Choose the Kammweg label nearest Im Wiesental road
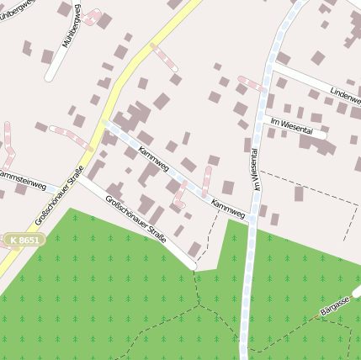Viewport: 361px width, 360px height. click(227, 208)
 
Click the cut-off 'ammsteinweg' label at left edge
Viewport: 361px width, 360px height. click(23, 177)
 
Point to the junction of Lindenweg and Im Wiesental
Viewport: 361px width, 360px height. click(273, 71)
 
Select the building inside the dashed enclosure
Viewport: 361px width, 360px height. click(299, 194)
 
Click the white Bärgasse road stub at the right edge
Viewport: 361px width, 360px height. click(357, 292)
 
